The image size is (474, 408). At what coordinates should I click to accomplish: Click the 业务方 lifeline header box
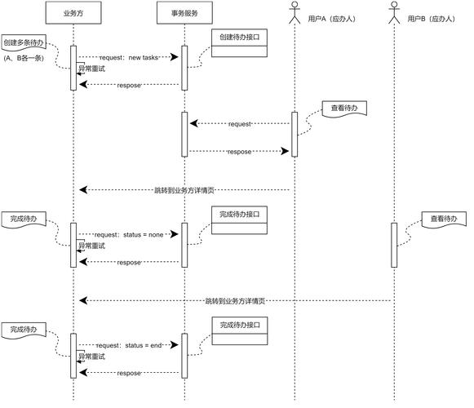pos(73,14)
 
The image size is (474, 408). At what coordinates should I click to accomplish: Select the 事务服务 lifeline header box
pos(184,14)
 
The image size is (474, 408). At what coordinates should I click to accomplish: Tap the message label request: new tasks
pos(129,57)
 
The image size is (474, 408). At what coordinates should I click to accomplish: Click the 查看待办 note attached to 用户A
pos(343,108)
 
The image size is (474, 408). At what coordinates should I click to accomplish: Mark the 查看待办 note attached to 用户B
pos(445,219)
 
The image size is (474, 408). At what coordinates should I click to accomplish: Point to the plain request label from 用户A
pos(240,124)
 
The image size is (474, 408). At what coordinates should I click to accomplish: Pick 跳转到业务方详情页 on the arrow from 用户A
pos(184,190)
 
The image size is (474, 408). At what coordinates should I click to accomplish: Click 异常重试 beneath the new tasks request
pos(92,69)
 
